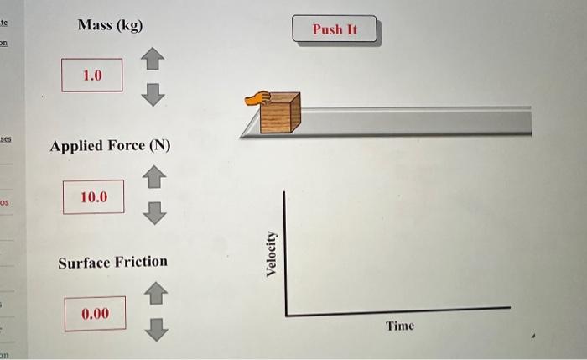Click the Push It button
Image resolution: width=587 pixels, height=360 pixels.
[335, 29]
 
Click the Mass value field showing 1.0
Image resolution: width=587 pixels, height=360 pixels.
[91, 76]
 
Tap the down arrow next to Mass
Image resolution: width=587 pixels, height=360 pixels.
[152, 95]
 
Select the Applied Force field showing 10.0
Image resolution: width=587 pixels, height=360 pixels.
[93, 197]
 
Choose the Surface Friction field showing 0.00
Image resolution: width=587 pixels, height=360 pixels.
[95, 314]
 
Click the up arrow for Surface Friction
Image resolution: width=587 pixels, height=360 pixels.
[155, 294]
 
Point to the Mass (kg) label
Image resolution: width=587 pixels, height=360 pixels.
[110, 25]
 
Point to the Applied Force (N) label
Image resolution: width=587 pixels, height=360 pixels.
[110, 146]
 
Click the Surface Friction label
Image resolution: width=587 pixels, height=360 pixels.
[112, 263]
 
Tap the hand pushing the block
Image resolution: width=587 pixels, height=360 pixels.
[256, 98]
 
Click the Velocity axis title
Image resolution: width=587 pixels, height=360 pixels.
[271, 253]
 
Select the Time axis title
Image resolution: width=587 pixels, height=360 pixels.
[400, 326]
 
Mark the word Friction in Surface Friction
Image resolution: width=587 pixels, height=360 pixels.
[141, 263]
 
